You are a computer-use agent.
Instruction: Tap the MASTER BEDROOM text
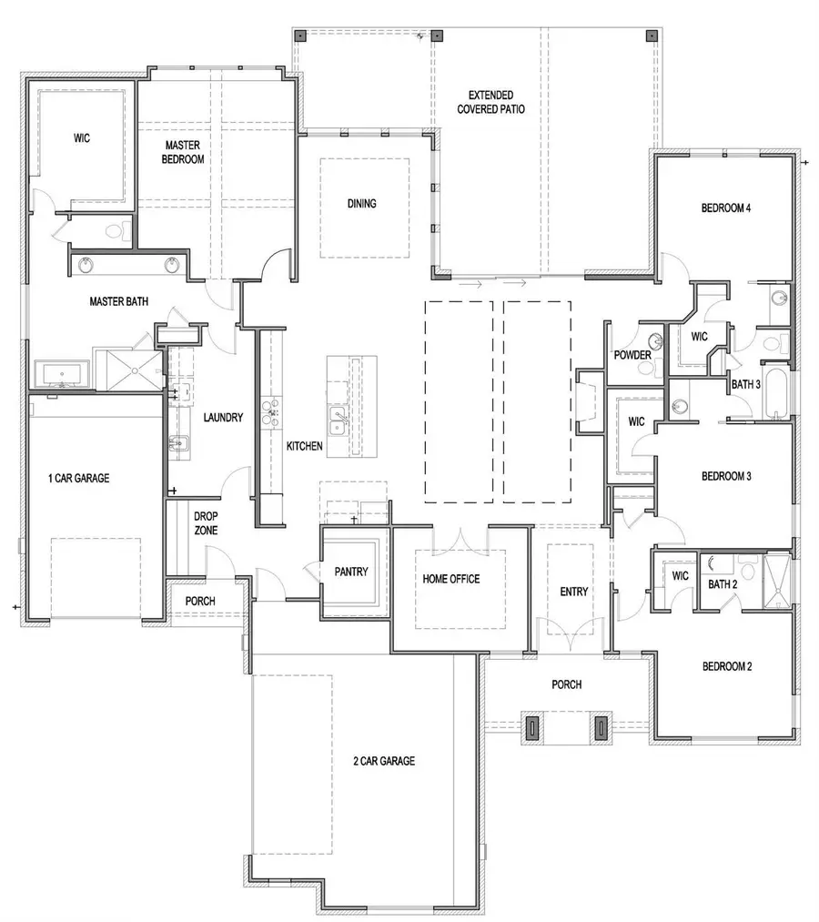184,152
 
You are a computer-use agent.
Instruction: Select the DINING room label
361,204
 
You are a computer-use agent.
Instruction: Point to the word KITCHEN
305,446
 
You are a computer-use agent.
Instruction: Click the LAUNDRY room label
223,418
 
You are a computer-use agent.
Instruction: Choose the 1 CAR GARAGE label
79,477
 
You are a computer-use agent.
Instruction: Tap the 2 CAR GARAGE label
385,761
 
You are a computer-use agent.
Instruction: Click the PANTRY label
350,572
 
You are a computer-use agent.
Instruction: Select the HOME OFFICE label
450,579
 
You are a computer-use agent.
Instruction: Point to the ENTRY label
573,592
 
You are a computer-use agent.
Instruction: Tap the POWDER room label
632,355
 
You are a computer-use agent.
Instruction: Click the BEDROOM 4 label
725,208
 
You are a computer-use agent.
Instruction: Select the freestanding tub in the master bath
61,374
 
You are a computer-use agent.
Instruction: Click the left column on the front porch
531,727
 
